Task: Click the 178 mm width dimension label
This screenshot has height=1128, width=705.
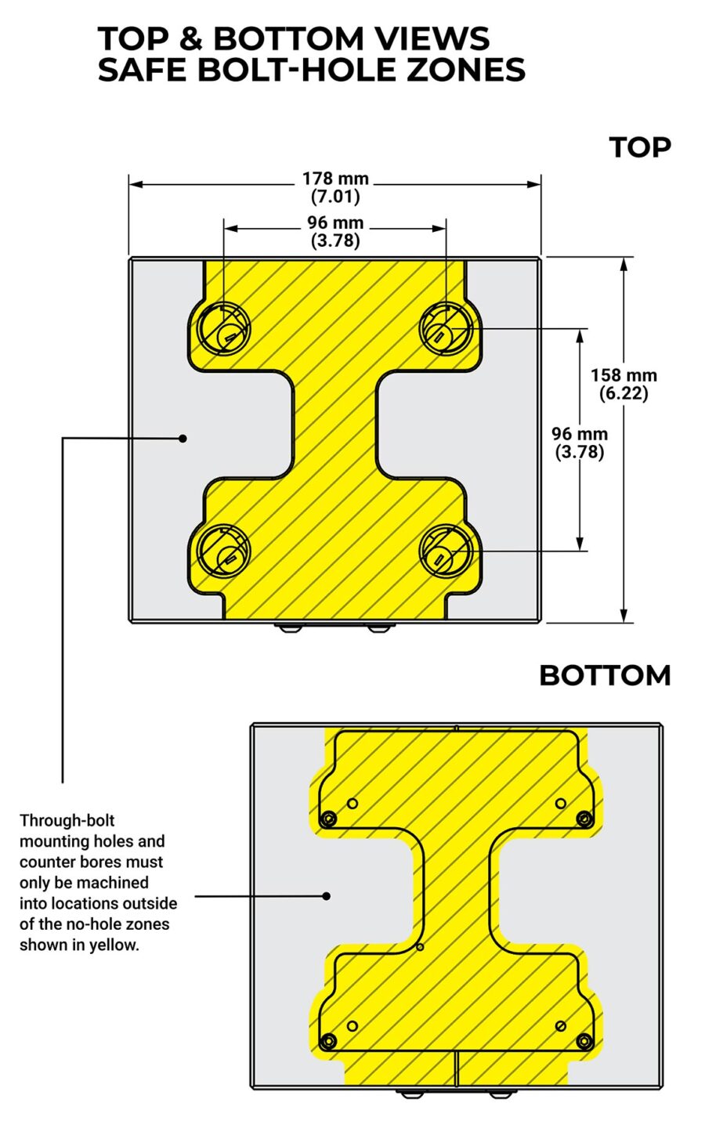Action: (335, 187)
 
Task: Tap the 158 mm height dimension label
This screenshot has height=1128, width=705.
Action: (624, 384)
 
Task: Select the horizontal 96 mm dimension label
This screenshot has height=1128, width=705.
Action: (335, 231)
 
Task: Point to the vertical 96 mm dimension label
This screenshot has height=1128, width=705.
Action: (580, 442)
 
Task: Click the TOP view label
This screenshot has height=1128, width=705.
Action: (640, 147)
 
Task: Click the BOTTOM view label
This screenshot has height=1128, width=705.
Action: (605, 675)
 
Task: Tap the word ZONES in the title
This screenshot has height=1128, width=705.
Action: (466, 70)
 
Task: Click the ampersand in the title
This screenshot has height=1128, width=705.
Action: (191, 38)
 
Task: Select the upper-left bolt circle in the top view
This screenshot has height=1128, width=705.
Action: (223, 329)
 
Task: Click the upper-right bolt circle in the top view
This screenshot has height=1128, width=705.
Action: (446, 329)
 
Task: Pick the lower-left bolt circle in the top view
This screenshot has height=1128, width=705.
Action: (223, 551)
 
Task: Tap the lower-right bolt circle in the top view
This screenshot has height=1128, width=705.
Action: (446, 551)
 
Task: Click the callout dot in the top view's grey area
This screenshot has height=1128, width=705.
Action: (183, 438)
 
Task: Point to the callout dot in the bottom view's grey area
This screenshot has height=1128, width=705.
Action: (327, 896)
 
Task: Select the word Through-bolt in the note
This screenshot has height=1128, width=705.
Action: (67, 820)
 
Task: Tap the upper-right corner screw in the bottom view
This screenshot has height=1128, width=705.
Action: (584, 819)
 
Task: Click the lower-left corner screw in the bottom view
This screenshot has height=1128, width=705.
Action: (328, 1040)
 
